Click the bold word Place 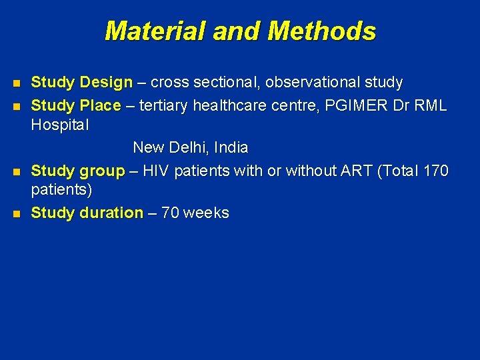coord(100,106)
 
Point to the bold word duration coord(111,213)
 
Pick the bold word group coord(102,171)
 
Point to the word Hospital coord(60,125)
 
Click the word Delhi coord(191,147)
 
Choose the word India coord(231,147)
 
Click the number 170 coord(436,171)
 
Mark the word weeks coord(206,213)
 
